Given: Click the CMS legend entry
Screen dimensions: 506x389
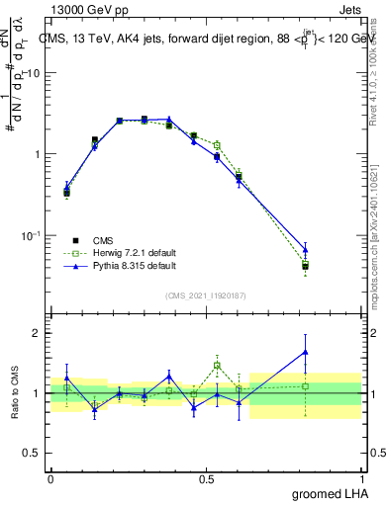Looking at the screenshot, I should tap(102, 240).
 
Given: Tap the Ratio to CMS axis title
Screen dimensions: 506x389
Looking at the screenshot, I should tap(13, 392).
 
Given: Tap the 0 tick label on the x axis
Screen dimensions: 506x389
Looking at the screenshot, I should tap(50, 478).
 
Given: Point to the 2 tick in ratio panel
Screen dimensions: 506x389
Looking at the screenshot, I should tap(37, 333).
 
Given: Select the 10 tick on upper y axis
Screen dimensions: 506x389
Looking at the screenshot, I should tap(33, 73).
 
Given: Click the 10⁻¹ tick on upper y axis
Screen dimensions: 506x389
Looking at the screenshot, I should tap(30, 235).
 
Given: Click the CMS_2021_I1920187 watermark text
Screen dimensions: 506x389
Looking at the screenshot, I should tap(206, 295).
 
